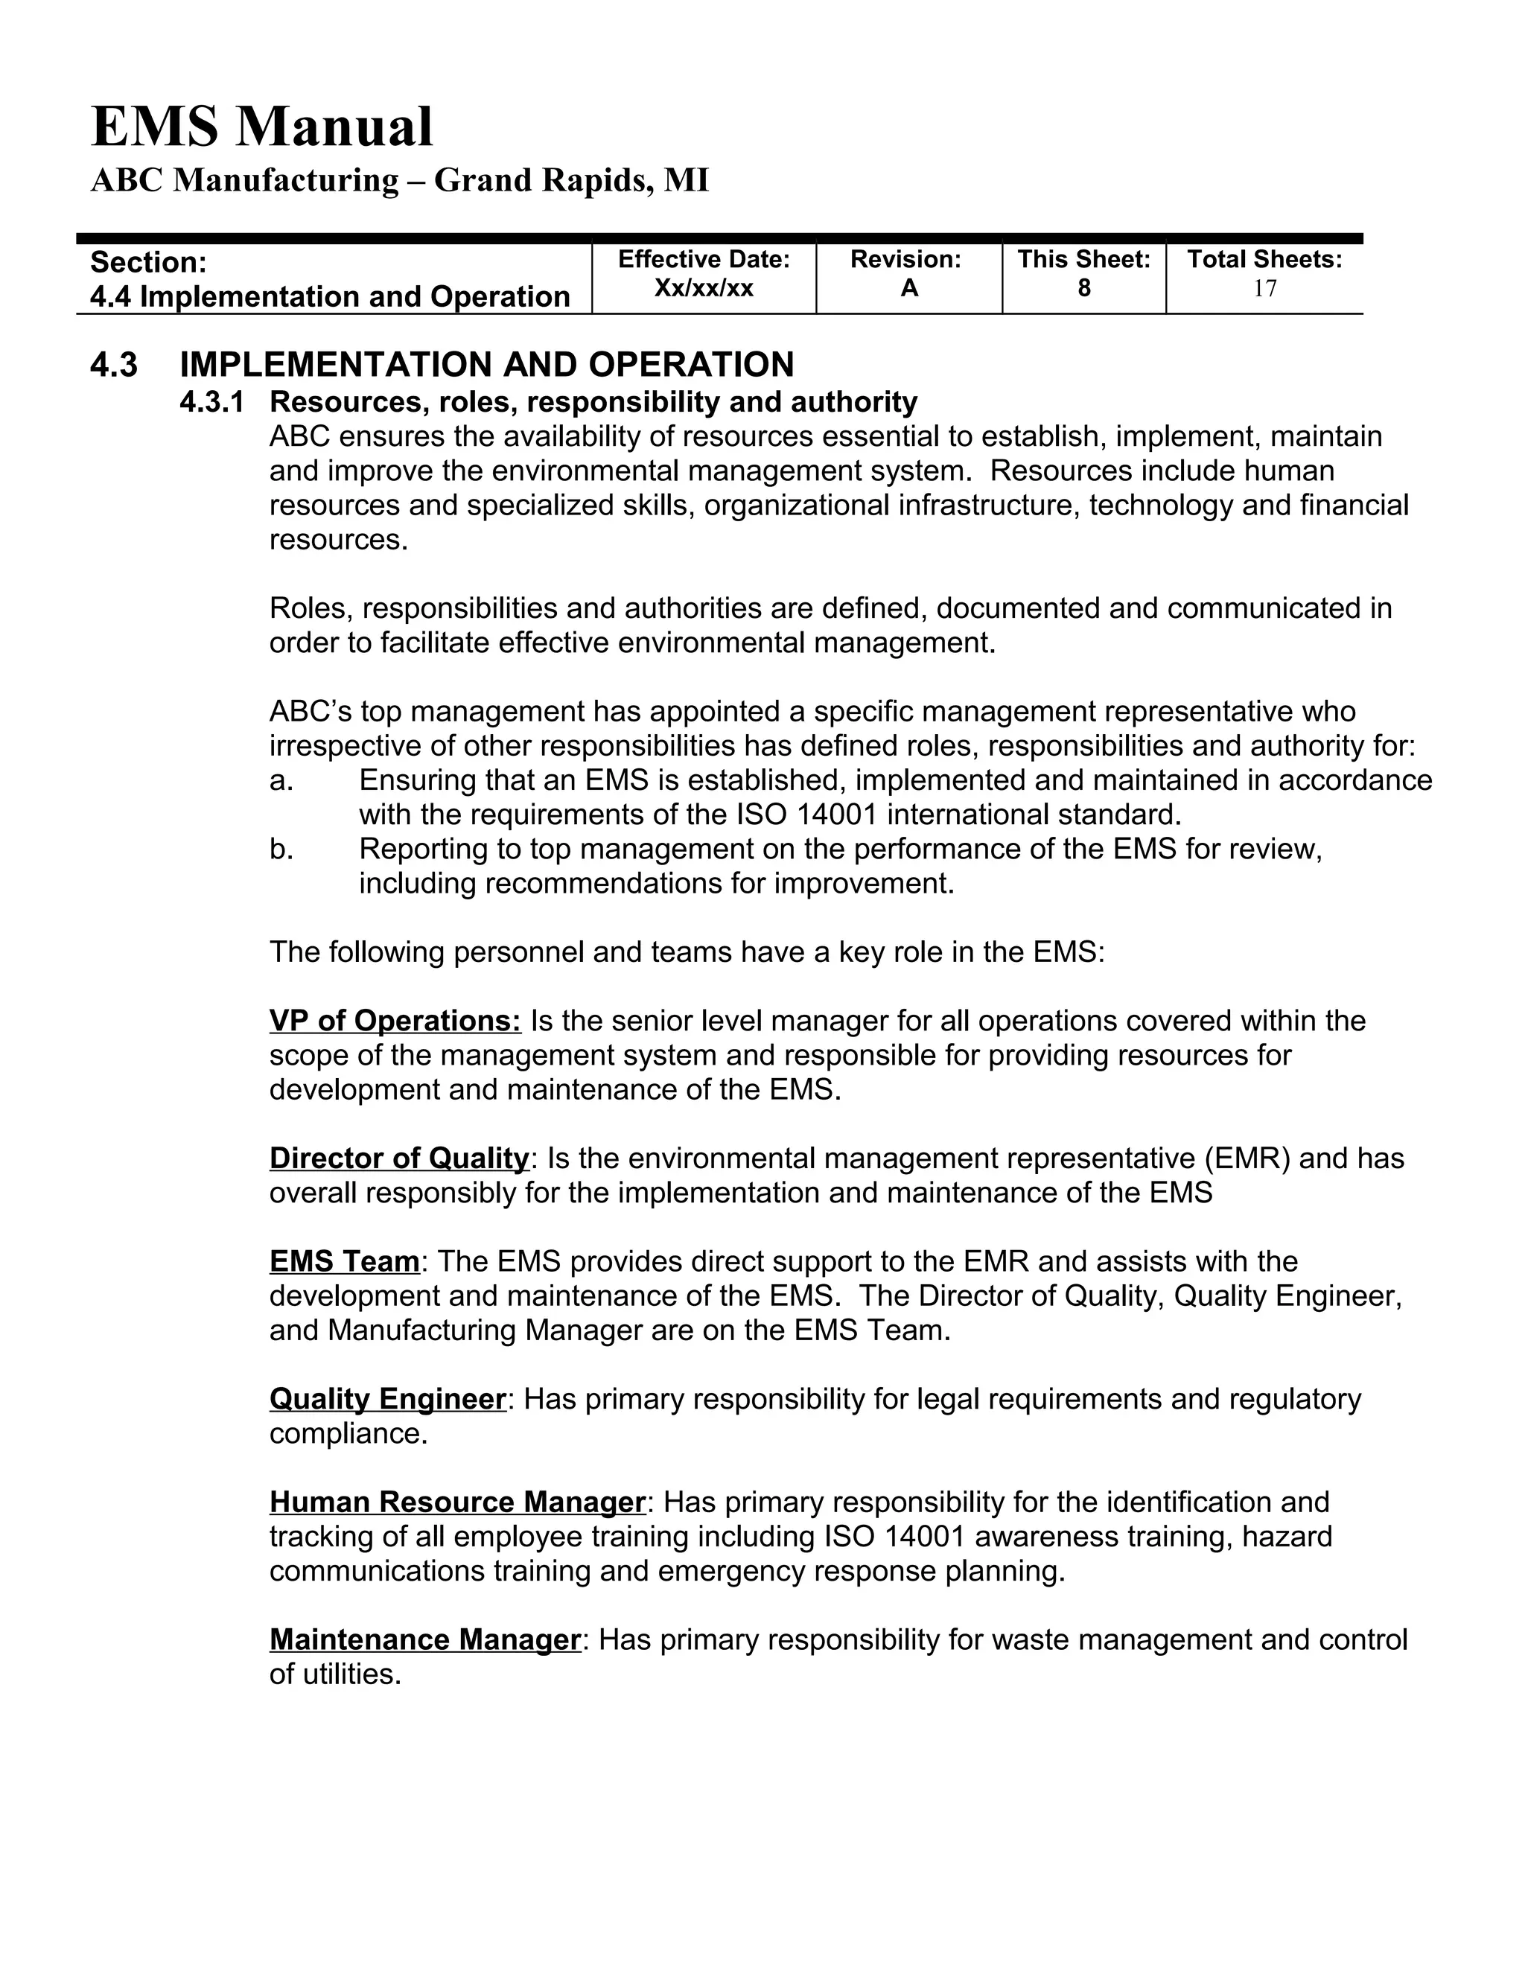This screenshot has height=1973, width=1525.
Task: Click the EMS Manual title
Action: click(x=262, y=127)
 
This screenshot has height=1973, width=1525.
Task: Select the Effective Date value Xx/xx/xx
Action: click(x=704, y=288)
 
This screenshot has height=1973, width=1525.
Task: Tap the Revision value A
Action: click(x=909, y=288)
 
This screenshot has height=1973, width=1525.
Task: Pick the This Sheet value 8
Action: click(x=1083, y=288)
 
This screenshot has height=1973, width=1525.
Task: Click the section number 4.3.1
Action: click(x=211, y=402)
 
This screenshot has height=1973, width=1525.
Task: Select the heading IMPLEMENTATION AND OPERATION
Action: click(x=486, y=365)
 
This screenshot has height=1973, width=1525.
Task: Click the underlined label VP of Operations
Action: click(x=395, y=1021)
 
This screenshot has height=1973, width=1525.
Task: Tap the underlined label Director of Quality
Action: click(x=398, y=1158)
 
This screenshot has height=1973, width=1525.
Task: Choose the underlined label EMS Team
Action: click(x=344, y=1261)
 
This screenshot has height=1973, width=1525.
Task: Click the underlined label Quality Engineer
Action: click(x=387, y=1400)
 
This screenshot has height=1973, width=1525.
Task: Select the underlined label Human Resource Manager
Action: click(x=457, y=1502)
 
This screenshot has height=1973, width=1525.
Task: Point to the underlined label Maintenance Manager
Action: click(x=424, y=1639)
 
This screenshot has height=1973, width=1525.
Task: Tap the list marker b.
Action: click(x=281, y=850)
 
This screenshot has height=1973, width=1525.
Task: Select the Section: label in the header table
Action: click(x=149, y=263)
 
